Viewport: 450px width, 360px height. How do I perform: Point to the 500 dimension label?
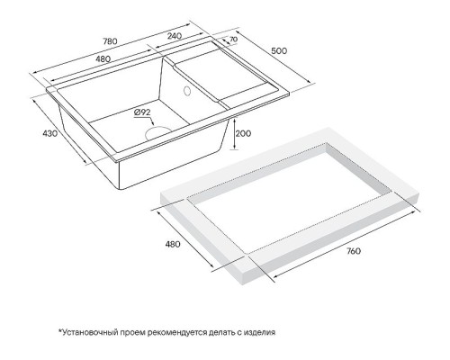click(279, 51)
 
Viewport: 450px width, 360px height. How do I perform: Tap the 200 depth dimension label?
click(243, 133)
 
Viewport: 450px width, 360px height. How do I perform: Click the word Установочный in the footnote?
click(93, 331)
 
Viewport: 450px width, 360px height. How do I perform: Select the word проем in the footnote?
click(138, 331)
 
